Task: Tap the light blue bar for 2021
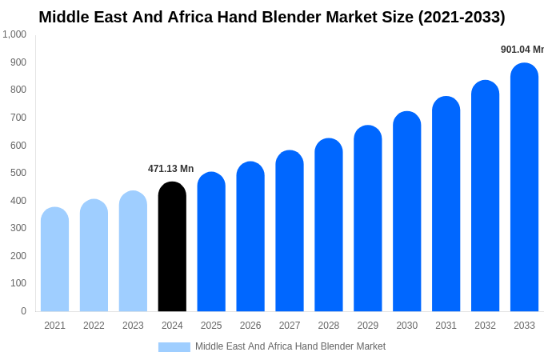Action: (54, 259)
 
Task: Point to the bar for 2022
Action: (94, 255)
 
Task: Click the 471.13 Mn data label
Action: (170, 169)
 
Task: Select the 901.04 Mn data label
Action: (522, 50)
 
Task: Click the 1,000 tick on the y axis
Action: (14, 34)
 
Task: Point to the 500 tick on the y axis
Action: (18, 173)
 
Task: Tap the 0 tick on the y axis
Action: (23, 311)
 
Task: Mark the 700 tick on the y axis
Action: (18, 118)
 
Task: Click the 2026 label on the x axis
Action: (250, 326)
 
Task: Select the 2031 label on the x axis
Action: (446, 326)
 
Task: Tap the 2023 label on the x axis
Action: (133, 326)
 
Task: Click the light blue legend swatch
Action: (174, 347)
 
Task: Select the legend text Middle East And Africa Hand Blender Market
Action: (290, 346)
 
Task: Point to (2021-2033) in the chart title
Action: (462, 17)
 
